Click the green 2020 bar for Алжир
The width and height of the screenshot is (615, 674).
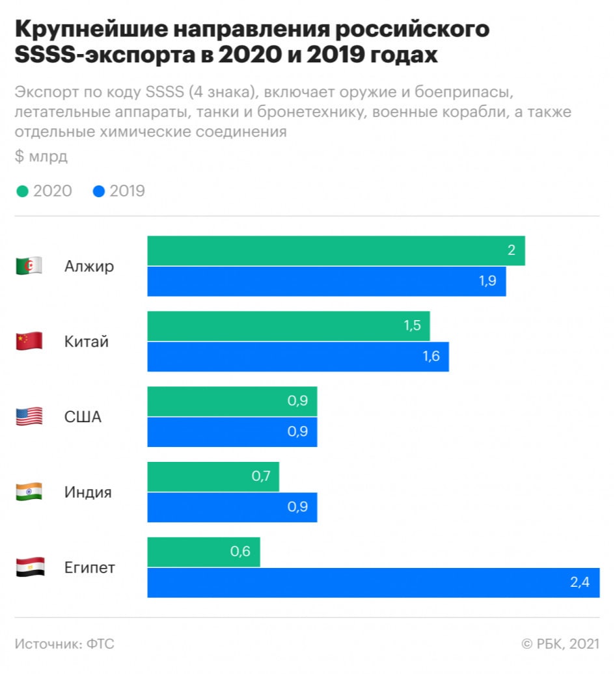(336, 250)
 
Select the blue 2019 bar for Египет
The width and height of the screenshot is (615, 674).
(373, 582)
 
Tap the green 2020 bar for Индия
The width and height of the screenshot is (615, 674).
(213, 477)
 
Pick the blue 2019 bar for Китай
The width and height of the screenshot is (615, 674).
(297, 357)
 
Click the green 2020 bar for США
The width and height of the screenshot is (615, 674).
(232, 401)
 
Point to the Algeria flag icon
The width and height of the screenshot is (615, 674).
(29, 265)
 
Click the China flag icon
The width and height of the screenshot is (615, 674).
(29, 341)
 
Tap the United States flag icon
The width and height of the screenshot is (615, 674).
(29, 416)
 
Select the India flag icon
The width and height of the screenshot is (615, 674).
(29, 492)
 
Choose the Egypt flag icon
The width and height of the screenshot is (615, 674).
(29, 567)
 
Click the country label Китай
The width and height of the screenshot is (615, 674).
(87, 341)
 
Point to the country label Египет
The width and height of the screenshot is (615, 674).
(90, 567)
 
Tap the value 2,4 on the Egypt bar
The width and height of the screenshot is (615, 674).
(579, 582)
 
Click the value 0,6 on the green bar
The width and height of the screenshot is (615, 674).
(240, 552)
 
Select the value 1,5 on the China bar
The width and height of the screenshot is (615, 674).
(413, 326)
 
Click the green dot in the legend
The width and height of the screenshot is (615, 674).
(22, 191)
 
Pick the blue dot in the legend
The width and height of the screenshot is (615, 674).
(99, 191)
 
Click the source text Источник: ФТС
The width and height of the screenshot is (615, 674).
(64, 644)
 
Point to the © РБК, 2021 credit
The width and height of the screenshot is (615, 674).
(560, 644)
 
